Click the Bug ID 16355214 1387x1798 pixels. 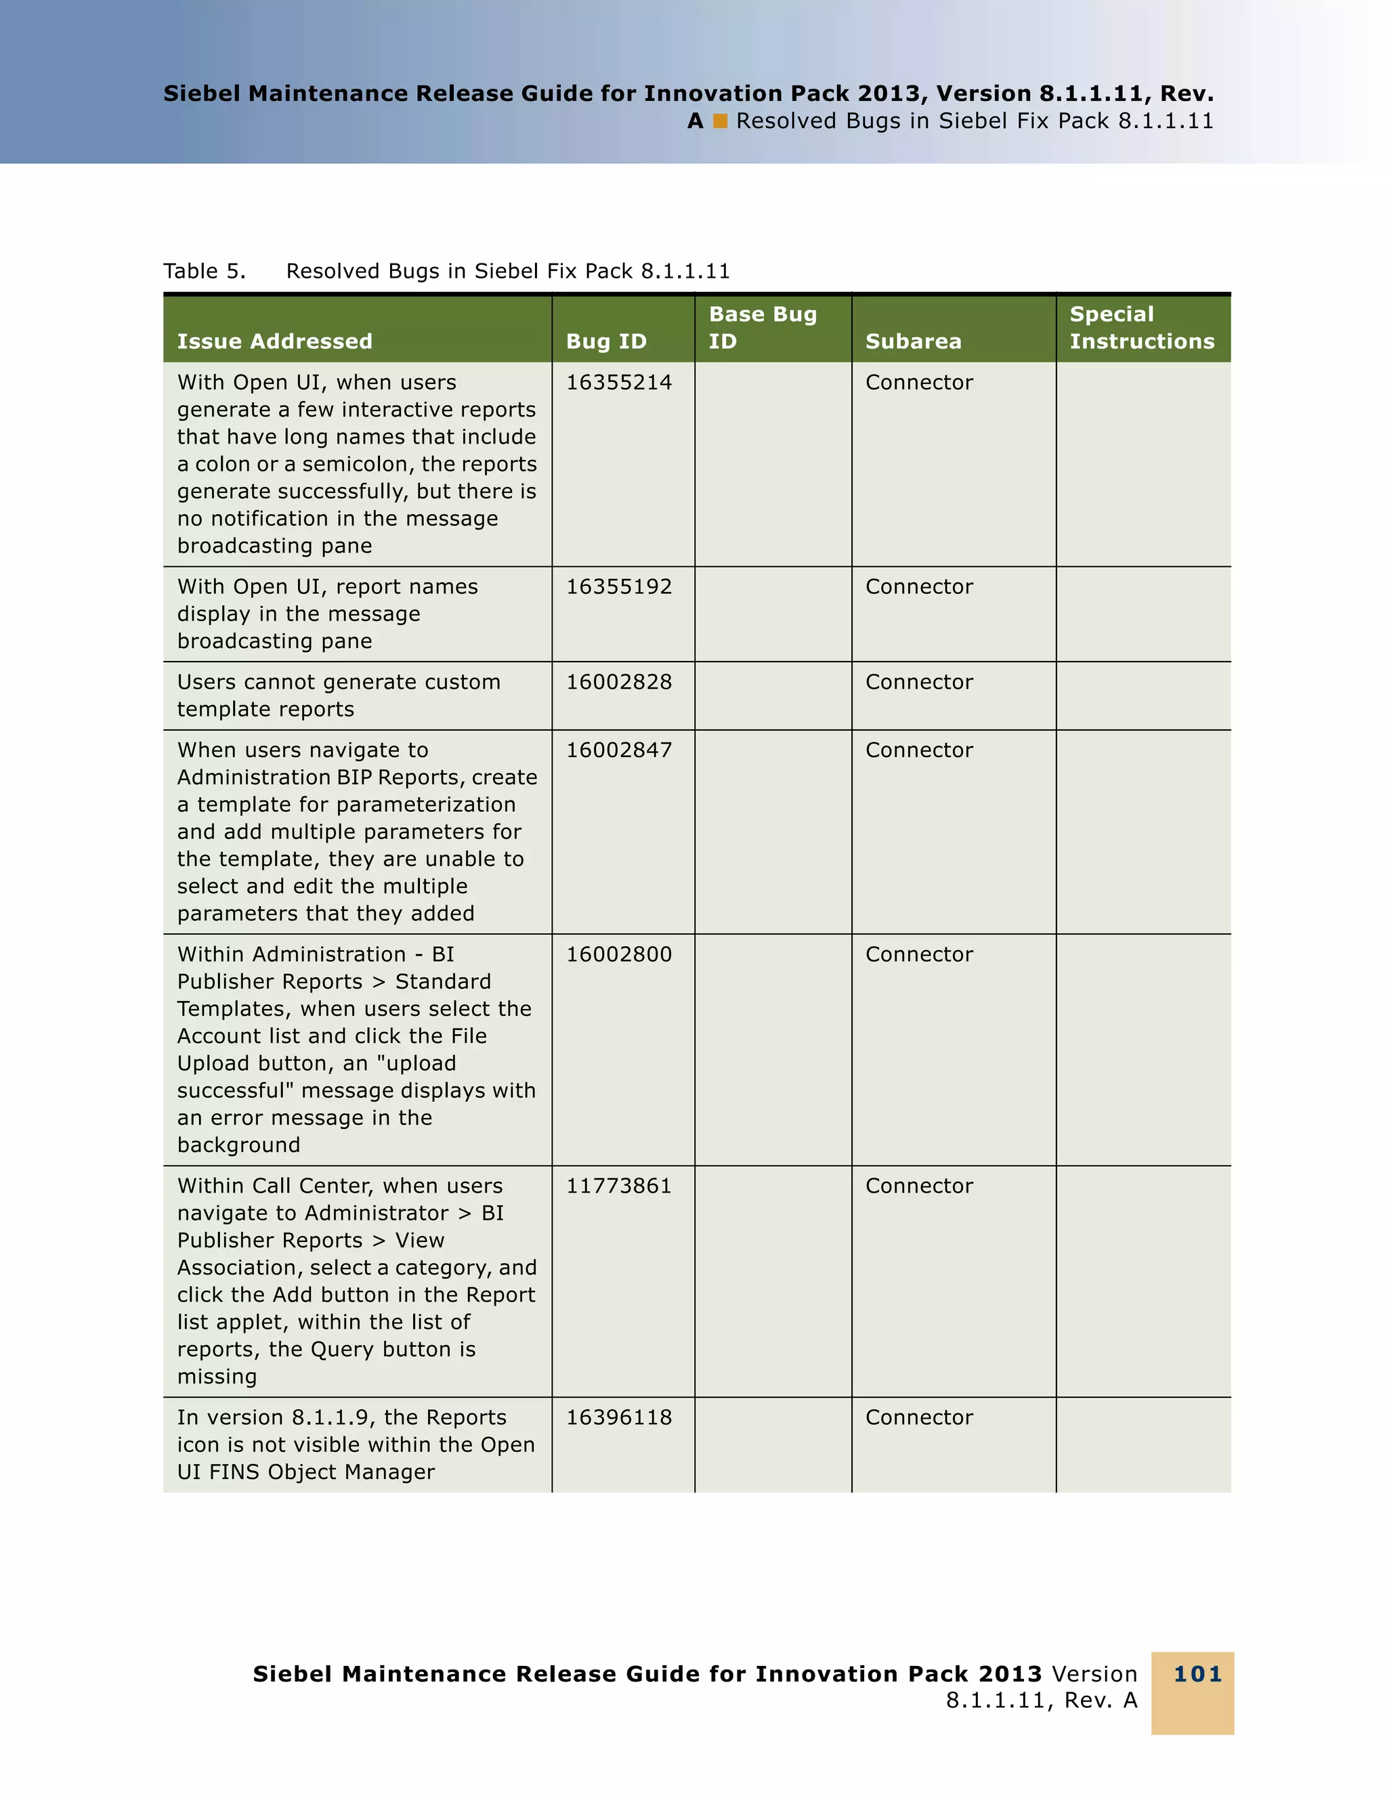point(618,383)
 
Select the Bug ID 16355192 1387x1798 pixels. point(618,587)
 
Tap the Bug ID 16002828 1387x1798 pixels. point(618,683)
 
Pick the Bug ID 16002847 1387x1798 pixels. point(618,751)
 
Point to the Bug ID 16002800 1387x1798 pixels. point(618,955)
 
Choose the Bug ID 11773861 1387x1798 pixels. point(618,1186)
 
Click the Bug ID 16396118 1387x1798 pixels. point(618,1417)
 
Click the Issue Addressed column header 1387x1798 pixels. point(274,341)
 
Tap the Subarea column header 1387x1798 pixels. point(913,341)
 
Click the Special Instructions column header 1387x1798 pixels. point(1141,328)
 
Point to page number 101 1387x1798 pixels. point(1197,1675)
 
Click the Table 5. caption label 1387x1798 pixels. point(204,272)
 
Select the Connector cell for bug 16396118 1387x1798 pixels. point(918,1417)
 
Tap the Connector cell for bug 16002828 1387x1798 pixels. point(918,683)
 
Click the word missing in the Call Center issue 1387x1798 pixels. point(217,1377)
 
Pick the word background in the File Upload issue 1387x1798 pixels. point(238,1146)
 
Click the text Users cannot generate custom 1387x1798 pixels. point(339,683)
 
